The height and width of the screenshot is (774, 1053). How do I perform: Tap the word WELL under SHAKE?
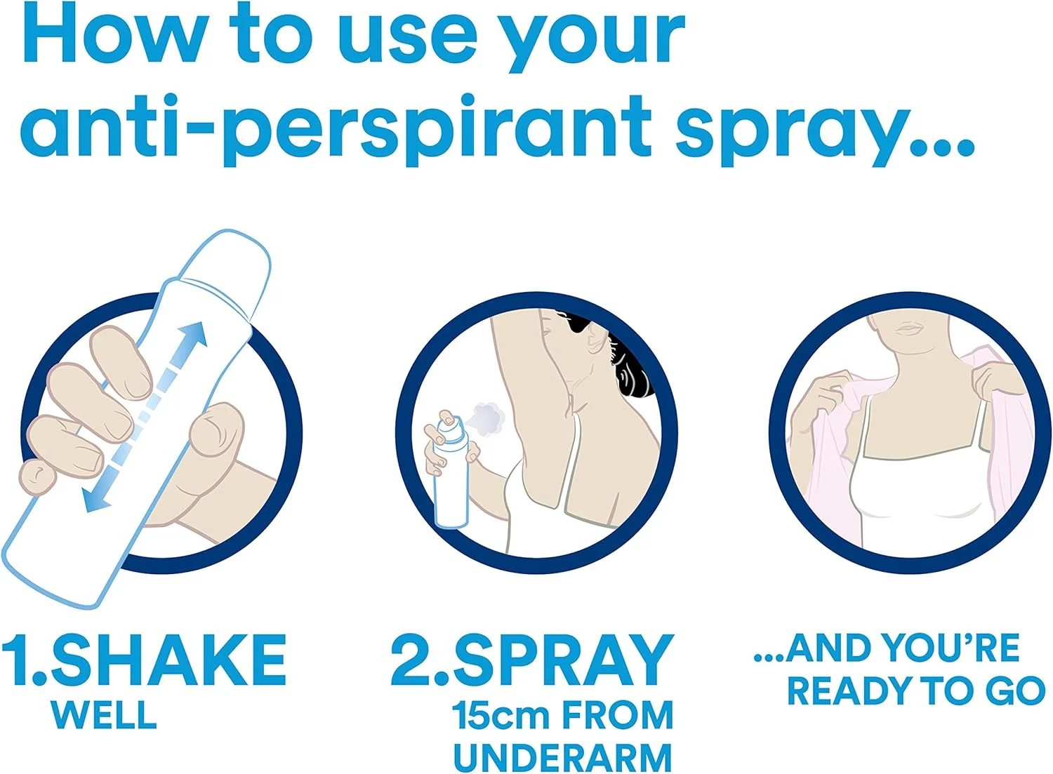pos(104,714)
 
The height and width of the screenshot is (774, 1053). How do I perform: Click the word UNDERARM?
pos(563,756)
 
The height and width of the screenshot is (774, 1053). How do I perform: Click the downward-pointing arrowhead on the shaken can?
pos(93,499)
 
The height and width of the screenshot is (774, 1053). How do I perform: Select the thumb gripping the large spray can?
pos(217,432)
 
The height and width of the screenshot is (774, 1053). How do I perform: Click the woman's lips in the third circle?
pos(906,327)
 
